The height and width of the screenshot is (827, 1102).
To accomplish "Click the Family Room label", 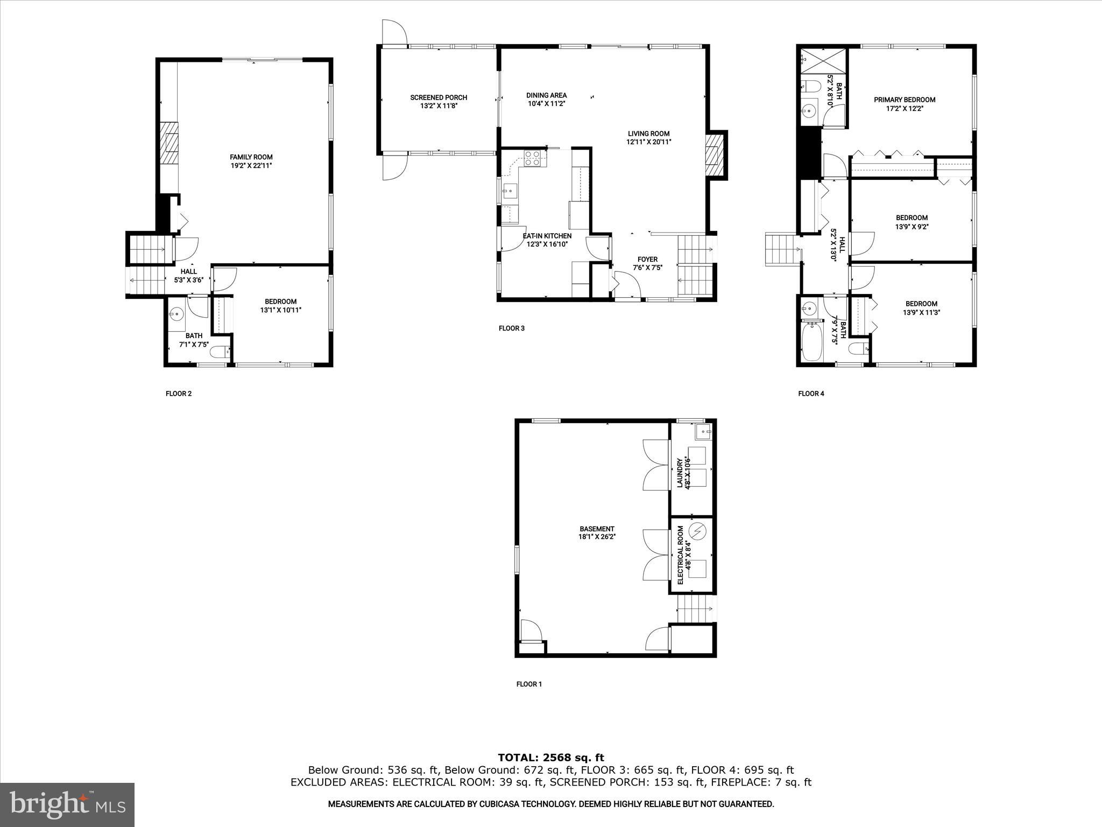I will click(251, 157).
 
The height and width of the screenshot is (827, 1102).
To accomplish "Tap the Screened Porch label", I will click(439, 97).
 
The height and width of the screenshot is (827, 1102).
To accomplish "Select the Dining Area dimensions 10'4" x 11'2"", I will click(546, 104).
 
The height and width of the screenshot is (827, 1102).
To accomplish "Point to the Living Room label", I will click(648, 134).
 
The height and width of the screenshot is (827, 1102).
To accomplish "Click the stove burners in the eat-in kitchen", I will click(533, 158).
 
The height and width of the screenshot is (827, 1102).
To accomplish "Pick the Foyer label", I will click(647, 260).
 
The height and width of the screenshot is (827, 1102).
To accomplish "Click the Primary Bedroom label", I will click(904, 100).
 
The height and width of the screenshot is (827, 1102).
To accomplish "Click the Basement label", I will click(597, 529).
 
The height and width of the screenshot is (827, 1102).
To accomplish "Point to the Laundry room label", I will click(680, 473).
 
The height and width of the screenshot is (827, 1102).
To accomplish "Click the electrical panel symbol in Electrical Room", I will click(698, 532).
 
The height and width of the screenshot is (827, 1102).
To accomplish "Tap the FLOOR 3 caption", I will click(511, 328).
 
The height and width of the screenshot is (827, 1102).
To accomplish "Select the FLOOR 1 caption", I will click(529, 684).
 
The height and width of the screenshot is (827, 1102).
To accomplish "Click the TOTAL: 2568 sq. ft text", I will click(551, 758).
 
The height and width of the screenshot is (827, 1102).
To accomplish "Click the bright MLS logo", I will click(67, 804).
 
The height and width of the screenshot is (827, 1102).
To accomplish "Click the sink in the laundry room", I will click(703, 430).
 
